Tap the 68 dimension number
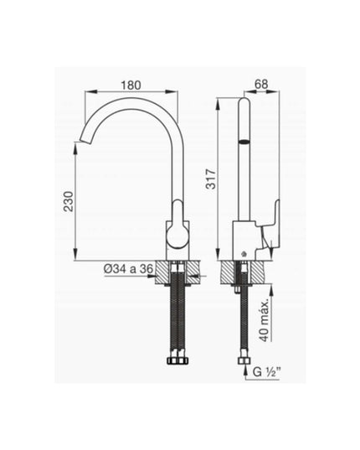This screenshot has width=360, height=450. [x=260, y=84]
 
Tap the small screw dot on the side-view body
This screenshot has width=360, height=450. [x=243, y=253]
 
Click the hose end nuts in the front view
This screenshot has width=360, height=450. [x=177, y=360]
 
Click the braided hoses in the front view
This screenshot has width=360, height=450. [x=177, y=318]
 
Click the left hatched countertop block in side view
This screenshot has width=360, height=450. [x=227, y=273]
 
